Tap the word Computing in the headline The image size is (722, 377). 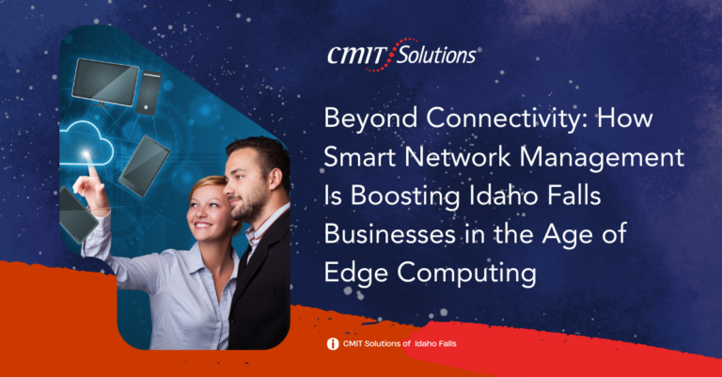[x=467, y=274]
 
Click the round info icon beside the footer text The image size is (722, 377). [x=333, y=344]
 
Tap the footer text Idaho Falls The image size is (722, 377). [x=435, y=343]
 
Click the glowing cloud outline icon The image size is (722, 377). [x=86, y=143]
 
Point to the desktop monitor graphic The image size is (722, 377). [x=105, y=82]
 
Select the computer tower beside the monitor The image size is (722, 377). [x=149, y=93]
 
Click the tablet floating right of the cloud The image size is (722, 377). [x=144, y=165]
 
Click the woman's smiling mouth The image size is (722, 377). [x=203, y=226]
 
